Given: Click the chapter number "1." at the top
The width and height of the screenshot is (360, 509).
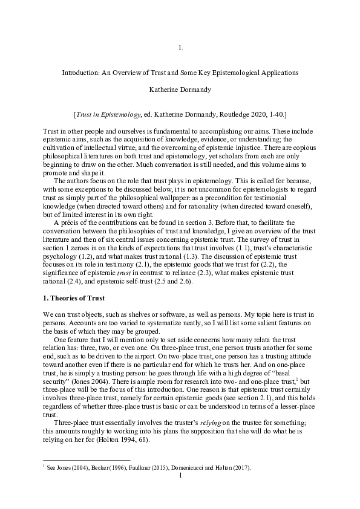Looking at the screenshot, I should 180,47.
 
